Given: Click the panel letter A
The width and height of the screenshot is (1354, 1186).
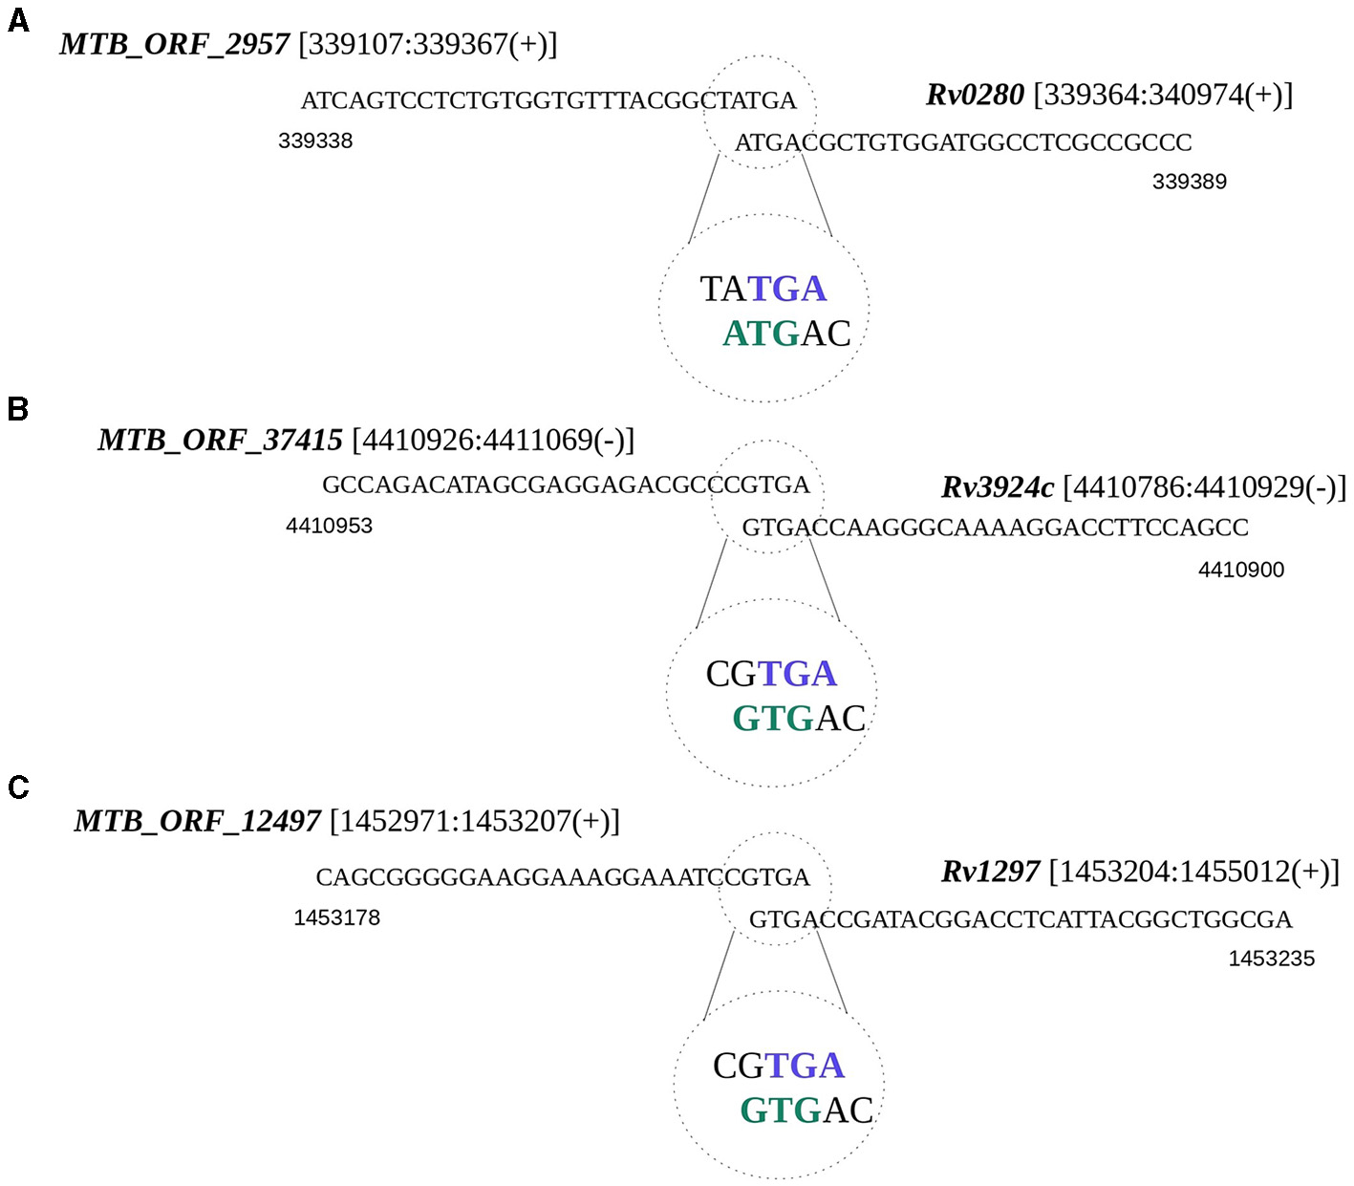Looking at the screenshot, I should pyautogui.click(x=18, y=21).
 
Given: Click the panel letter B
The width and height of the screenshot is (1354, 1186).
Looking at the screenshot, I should pyautogui.click(x=18, y=409).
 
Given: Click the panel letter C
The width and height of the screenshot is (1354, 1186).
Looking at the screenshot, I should pyautogui.click(x=18, y=787).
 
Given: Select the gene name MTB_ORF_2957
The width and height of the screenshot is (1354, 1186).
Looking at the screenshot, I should pyautogui.click(x=174, y=45).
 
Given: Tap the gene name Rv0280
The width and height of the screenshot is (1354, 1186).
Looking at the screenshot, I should pyautogui.click(x=975, y=95).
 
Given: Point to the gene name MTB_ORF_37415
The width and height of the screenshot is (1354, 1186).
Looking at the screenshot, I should pyautogui.click(x=220, y=441).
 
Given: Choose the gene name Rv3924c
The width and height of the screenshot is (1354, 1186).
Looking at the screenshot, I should pyautogui.click(x=998, y=487).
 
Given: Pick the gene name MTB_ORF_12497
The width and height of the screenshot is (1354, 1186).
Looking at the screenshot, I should pyautogui.click(x=197, y=821).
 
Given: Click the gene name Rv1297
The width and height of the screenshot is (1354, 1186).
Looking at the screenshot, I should pyautogui.click(x=990, y=872).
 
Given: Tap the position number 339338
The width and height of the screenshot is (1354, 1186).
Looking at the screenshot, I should pyautogui.click(x=315, y=141).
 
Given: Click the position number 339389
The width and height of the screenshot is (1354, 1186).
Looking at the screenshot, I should pyautogui.click(x=1190, y=182).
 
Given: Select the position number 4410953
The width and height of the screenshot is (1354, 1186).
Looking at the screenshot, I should pyautogui.click(x=330, y=526).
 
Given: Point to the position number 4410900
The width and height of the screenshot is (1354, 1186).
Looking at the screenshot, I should pyautogui.click(x=1241, y=570).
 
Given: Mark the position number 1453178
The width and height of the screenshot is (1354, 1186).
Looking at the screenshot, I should pyautogui.click(x=336, y=917).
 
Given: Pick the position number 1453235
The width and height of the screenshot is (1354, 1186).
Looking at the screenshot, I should pyautogui.click(x=1272, y=959).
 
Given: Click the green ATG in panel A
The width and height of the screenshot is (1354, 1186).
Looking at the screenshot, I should pyautogui.click(x=761, y=334).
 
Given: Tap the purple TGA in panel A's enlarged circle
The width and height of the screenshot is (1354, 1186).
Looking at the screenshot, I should pyautogui.click(x=786, y=289).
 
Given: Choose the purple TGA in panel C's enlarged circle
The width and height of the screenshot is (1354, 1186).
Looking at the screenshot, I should pyautogui.click(x=805, y=1066).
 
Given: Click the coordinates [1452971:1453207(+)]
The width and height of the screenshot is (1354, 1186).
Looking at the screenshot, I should pyautogui.click(x=475, y=821).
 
